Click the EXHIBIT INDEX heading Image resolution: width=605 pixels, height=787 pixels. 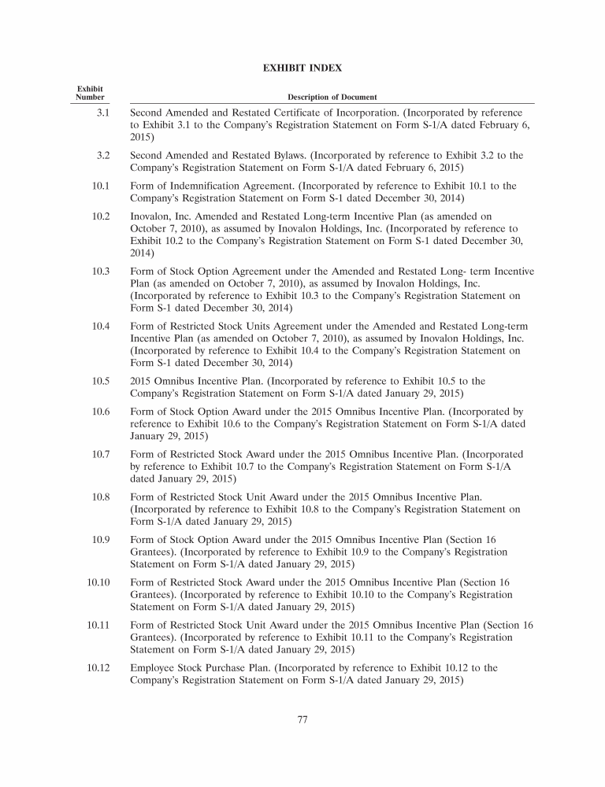[302, 68]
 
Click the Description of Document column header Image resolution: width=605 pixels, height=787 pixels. [332, 97]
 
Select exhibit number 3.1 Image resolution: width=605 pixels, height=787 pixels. [102, 113]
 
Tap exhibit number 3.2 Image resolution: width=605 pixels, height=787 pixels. [102, 156]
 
